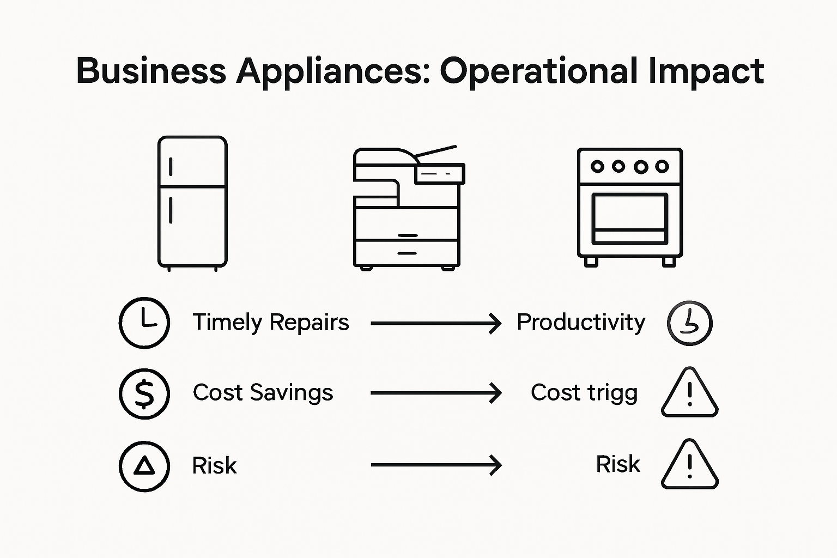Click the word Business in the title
pos(151,71)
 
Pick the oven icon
pos(629,207)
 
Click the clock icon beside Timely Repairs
pos(144,323)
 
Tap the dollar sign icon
pos(144,393)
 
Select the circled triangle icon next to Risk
pos(144,466)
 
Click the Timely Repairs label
pos(271,323)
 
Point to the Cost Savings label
pos(263,393)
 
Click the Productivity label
pos(581,323)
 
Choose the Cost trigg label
pos(584,393)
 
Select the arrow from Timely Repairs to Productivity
pos(435,323)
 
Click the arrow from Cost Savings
pos(435,393)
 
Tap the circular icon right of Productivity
pos(690,323)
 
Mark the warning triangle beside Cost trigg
pos(690,393)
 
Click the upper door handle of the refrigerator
pos(171,167)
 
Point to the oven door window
pos(629,213)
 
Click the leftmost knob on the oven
pos(597,166)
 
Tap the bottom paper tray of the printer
pos(407,253)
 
